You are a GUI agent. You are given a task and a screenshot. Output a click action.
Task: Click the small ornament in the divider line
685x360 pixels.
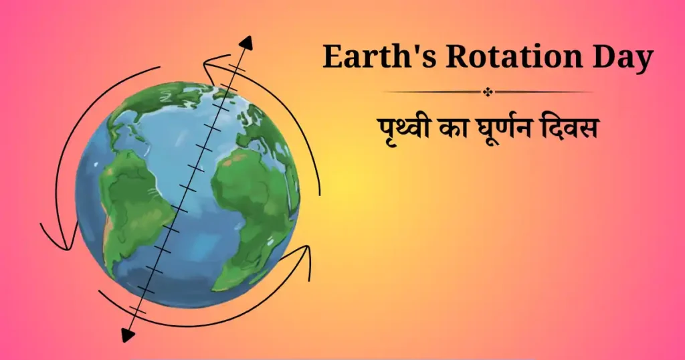click(x=486, y=92)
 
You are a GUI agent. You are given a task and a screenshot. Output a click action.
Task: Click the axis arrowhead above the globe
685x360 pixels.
click(x=246, y=43)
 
